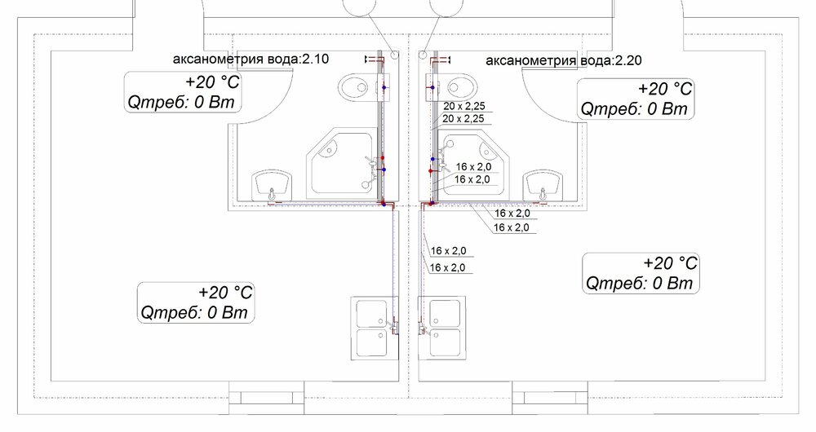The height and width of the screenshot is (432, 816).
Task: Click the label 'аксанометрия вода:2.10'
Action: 251,59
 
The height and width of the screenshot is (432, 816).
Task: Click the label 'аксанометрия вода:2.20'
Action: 564,61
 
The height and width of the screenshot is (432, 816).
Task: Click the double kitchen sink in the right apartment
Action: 441,328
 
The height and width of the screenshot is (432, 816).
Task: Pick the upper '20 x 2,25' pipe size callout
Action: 464,106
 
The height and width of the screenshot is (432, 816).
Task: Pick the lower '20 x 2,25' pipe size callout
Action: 463,118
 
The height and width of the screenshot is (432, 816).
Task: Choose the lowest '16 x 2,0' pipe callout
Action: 448,267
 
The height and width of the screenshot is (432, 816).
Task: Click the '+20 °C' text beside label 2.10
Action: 212,82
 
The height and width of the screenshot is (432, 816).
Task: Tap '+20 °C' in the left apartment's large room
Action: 225,292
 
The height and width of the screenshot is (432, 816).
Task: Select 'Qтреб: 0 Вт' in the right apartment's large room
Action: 640,284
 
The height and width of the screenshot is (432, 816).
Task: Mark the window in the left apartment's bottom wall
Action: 267,399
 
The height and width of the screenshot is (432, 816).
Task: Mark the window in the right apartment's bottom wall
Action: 550,399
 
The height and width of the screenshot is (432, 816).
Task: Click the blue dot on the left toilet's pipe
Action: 384,87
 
